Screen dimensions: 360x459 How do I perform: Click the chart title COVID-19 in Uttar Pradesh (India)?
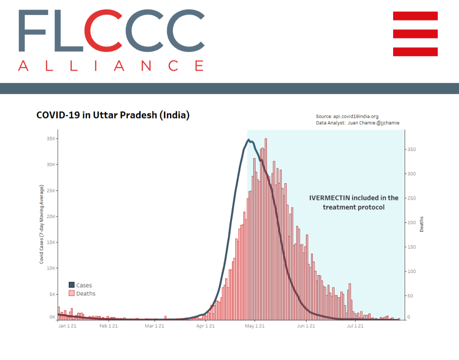[113, 115]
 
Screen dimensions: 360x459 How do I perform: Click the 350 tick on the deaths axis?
[412, 150]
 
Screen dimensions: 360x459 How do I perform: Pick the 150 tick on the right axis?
[412, 247]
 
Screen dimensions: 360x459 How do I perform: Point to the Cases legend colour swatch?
[72, 285]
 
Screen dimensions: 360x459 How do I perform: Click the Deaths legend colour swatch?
[72, 293]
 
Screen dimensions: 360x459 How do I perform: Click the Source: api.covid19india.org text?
[347, 116]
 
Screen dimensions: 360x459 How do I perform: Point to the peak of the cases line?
[249, 140]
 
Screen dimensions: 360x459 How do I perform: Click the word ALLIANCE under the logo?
[110, 66]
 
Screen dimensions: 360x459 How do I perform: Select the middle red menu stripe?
[415, 34]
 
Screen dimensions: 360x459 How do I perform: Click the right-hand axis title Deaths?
[422, 224]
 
